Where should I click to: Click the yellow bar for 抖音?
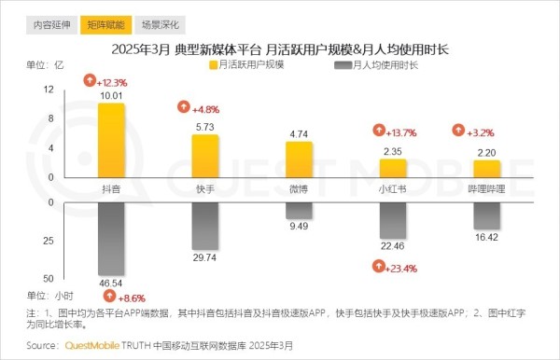tap(111, 140)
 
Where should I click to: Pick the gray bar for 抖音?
tap(111, 238)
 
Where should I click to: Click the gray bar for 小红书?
tap(392, 220)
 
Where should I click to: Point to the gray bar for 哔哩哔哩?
tap(486, 215)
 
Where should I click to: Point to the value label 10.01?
tap(111, 95)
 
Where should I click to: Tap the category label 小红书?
tap(392, 188)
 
